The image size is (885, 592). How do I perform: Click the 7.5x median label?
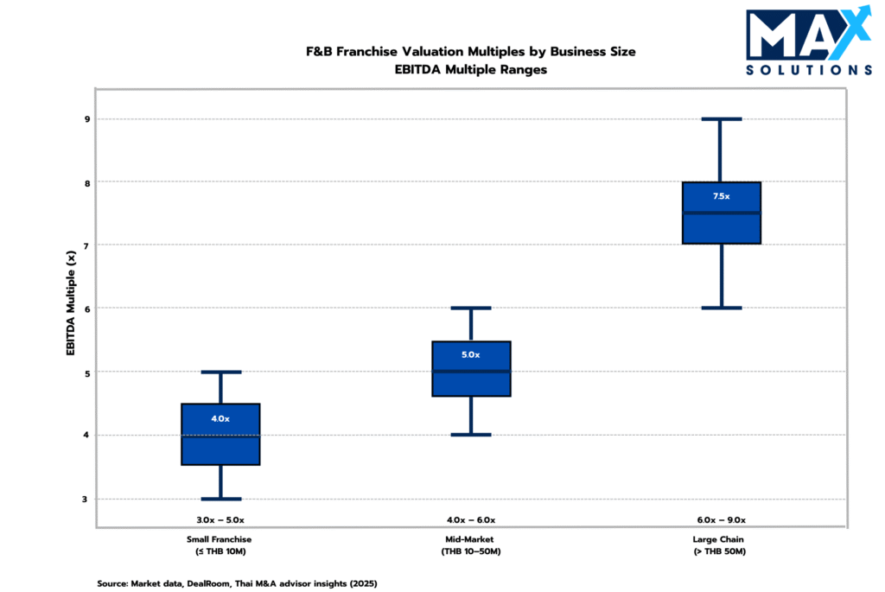[x=721, y=196]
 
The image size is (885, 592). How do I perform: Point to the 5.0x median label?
[x=471, y=354]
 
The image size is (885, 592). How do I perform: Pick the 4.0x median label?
[x=220, y=418]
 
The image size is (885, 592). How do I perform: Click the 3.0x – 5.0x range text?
[x=220, y=520]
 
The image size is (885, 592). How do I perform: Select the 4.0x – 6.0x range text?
[x=471, y=520]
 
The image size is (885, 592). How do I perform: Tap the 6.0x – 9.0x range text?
[x=721, y=520]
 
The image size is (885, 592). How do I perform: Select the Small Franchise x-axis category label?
[x=220, y=545]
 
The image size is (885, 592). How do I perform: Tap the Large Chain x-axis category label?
[x=721, y=545]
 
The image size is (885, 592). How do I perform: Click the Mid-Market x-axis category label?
[x=471, y=545]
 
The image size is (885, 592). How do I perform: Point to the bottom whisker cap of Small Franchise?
[x=220, y=499]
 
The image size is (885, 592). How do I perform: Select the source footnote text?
[x=237, y=583]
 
